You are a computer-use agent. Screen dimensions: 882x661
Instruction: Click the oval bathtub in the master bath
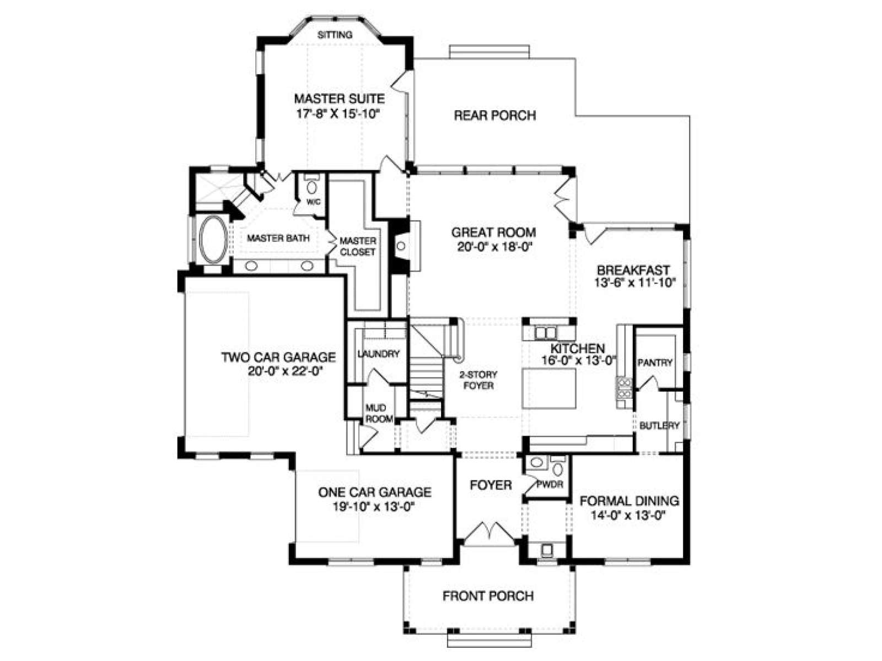click(x=213, y=240)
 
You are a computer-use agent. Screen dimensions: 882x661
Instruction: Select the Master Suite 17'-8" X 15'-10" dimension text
click(x=338, y=114)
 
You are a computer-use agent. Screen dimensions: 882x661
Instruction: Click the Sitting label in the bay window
click(x=335, y=35)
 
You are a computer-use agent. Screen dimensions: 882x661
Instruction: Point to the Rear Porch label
click(x=494, y=116)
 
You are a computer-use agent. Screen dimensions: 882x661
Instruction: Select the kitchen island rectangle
click(x=549, y=388)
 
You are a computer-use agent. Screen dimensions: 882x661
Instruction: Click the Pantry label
click(x=654, y=362)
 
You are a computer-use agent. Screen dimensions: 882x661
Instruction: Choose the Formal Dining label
click(x=630, y=501)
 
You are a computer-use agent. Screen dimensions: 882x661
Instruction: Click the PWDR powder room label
click(x=550, y=484)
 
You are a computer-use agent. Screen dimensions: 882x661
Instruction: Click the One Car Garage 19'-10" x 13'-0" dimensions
click(x=374, y=506)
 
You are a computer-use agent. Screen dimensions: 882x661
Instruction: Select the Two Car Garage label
click(x=278, y=357)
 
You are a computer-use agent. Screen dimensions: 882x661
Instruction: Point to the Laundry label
click(x=378, y=354)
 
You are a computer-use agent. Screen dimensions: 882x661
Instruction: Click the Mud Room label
click(x=379, y=413)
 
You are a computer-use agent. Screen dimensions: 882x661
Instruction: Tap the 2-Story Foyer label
click(x=478, y=380)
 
